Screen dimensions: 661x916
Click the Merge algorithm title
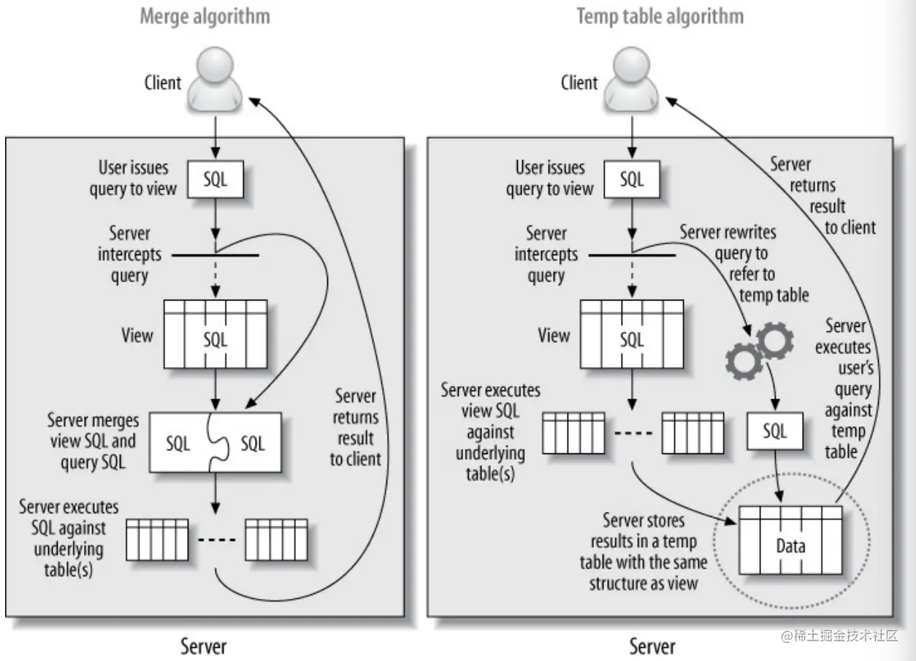[205, 17]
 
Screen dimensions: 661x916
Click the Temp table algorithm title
[660, 17]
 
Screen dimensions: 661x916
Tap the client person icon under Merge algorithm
[215, 80]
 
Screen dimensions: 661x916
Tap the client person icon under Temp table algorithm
[631, 80]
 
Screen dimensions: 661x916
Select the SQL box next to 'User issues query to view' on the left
[215, 180]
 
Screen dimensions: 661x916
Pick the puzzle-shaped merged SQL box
[215, 442]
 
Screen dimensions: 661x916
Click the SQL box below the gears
[775, 431]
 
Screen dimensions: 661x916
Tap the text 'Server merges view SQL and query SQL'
[93, 442]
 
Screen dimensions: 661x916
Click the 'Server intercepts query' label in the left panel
[129, 254]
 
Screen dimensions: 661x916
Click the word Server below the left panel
[203, 646]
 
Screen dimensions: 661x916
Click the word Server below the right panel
[652, 646]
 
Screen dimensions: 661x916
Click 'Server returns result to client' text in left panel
[356, 428]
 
